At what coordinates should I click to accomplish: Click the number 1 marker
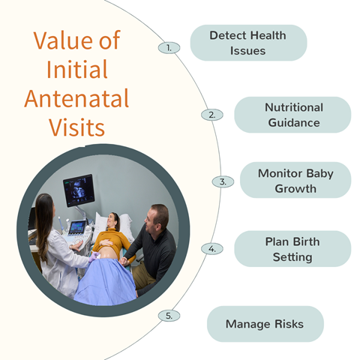[x=169, y=48]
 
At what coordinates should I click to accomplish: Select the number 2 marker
[x=212, y=115]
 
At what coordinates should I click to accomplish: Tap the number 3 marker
[x=223, y=181]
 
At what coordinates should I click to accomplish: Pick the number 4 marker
[x=212, y=249]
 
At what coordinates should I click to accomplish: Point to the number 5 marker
[x=169, y=316]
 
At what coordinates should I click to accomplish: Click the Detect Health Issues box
[x=248, y=43]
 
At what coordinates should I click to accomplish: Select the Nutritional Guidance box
[x=292, y=115]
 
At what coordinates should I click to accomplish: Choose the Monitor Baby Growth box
[x=295, y=180]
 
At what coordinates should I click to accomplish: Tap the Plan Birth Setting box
[x=292, y=249]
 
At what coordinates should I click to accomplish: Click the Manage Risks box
[x=265, y=324]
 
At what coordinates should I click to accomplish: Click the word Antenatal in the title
[x=76, y=98]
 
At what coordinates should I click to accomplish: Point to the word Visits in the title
[x=76, y=127]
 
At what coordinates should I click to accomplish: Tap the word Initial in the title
[x=77, y=69]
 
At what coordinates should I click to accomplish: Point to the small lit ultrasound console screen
[x=76, y=227]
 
